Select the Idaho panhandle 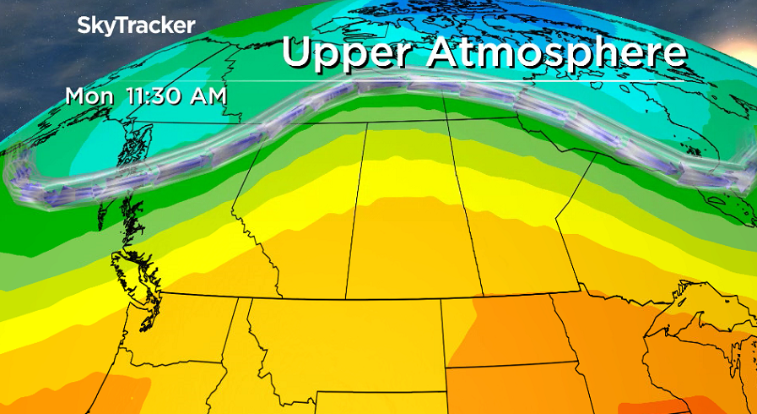(x=240, y=325)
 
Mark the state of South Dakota (x=506, y=389)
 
